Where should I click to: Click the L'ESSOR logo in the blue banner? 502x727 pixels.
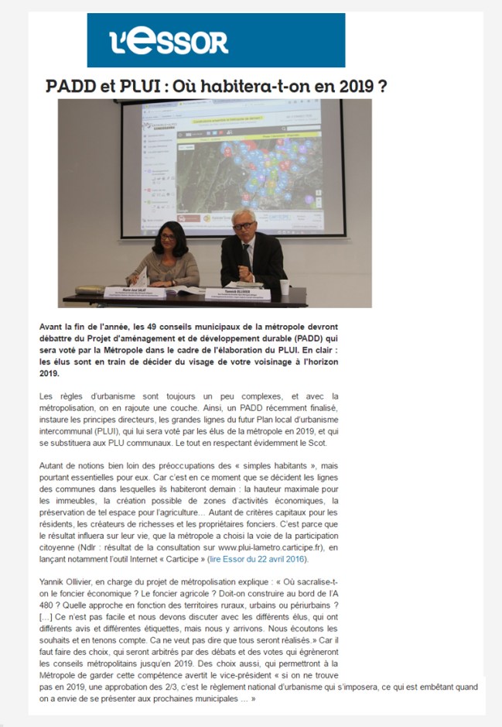point(168,40)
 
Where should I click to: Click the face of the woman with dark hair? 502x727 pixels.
point(168,240)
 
